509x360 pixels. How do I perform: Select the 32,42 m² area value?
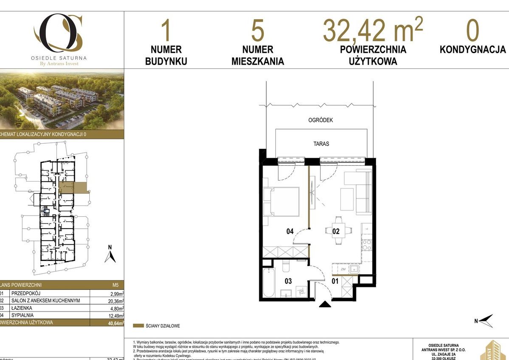coord(373,30)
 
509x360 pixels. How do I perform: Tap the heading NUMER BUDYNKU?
coord(166,55)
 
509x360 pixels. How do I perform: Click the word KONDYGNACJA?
coord(472,50)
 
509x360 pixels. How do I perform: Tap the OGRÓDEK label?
coord(320,120)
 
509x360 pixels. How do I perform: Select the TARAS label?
coord(321,144)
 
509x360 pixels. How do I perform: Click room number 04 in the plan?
coord(290,232)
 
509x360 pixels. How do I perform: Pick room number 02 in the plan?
coord(336,232)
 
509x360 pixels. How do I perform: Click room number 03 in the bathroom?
coord(288,281)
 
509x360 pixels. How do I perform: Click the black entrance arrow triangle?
coord(325,304)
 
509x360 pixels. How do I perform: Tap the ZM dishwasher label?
coord(343,269)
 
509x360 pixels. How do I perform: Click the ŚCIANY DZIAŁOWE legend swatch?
coord(138,326)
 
